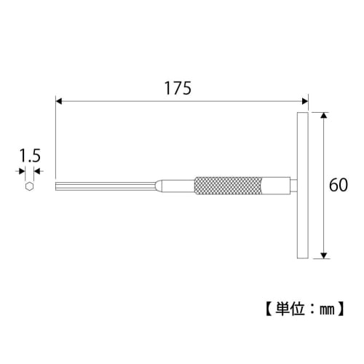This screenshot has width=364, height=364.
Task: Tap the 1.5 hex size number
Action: [x=29, y=155]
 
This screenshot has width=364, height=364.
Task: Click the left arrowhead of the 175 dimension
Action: [x=60, y=103]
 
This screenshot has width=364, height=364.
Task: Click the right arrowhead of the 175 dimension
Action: [x=304, y=103]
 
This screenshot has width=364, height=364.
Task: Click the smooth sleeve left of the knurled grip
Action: [x=178, y=186]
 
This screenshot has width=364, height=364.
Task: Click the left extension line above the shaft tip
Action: [x=56, y=138]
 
